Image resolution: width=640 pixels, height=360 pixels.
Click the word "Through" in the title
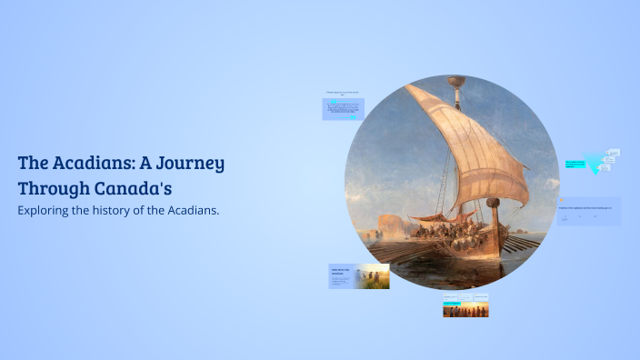tap(53, 189)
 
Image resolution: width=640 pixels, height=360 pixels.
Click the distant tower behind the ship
tap(391, 223)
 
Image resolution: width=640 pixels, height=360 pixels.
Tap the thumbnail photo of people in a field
tap(373, 276)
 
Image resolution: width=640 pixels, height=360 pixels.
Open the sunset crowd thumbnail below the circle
tap(465, 310)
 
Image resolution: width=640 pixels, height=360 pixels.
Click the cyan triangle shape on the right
tap(596, 165)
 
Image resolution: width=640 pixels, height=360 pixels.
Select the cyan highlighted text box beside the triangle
tap(575, 165)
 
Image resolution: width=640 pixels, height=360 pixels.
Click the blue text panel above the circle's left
tap(343, 110)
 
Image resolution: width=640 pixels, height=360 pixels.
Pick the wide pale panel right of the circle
tap(588, 211)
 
